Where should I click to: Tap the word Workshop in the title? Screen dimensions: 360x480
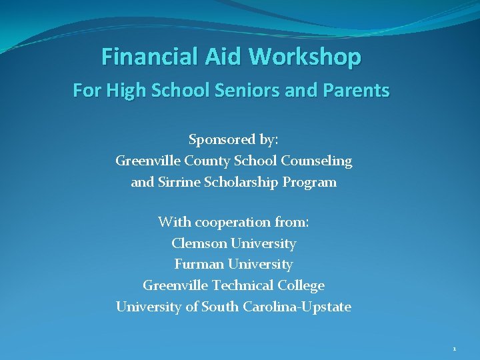(x=305, y=57)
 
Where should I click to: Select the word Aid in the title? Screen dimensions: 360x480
(x=225, y=57)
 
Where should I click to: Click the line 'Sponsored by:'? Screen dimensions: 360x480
(x=233, y=140)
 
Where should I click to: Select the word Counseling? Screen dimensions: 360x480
(x=317, y=161)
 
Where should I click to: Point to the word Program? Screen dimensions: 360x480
(x=313, y=182)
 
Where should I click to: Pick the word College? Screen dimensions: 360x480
(x=301, y=286)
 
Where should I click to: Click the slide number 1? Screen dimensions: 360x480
(x=454, y=349)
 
